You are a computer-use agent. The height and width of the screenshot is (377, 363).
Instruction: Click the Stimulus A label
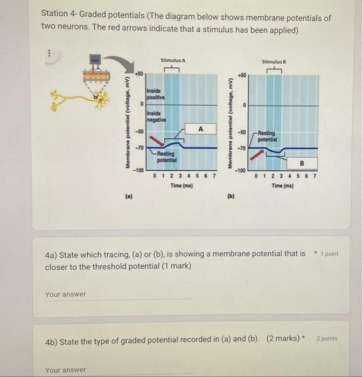tap(172, 61)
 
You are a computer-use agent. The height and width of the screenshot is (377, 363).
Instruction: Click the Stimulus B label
tap(273, 62)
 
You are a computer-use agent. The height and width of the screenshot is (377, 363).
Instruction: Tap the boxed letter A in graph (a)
tap(200, 129)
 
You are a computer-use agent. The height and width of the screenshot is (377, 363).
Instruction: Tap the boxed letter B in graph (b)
tap(302, 162)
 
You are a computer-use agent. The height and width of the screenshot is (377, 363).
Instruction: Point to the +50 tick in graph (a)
tap(139, 72)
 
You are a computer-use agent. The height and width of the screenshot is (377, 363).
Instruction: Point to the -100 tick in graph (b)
tap(240, 171)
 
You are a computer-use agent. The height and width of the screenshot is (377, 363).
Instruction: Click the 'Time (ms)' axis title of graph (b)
tap(282, 185)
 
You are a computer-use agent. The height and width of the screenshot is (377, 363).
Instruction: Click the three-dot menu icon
tap(48, 53)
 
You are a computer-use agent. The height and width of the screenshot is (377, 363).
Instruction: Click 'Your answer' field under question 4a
tap(118, 294)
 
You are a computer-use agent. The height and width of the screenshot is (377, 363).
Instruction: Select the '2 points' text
tap(327, 339)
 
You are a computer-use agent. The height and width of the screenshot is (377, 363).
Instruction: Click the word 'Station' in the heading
tap(57, 18)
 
